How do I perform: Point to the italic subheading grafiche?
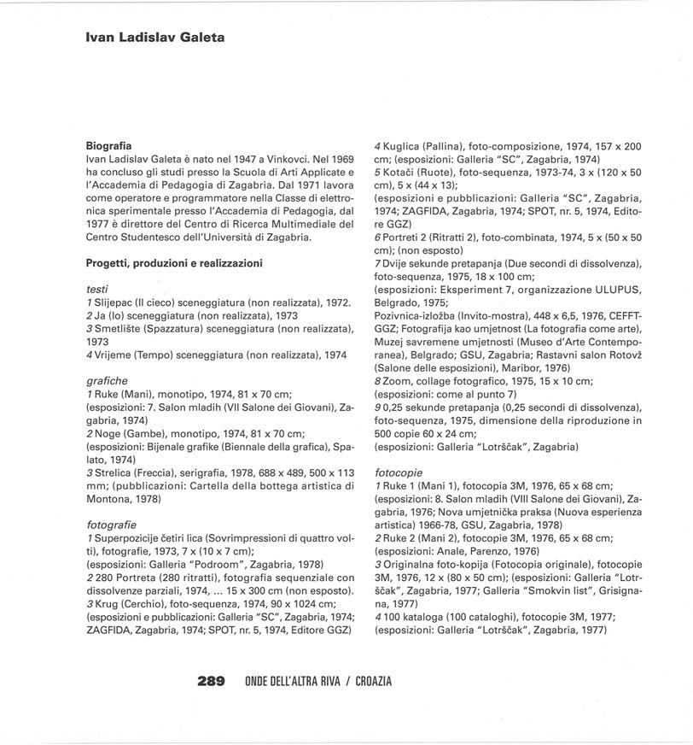click(x=107, y=379)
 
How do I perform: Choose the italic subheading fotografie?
click(x=112, y=523)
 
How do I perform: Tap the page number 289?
click(x=211, y=681)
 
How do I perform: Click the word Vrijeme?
click(x=117, y=354)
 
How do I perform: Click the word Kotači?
click(x=399, y=172)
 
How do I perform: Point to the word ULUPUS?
click(x=616, y=289)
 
